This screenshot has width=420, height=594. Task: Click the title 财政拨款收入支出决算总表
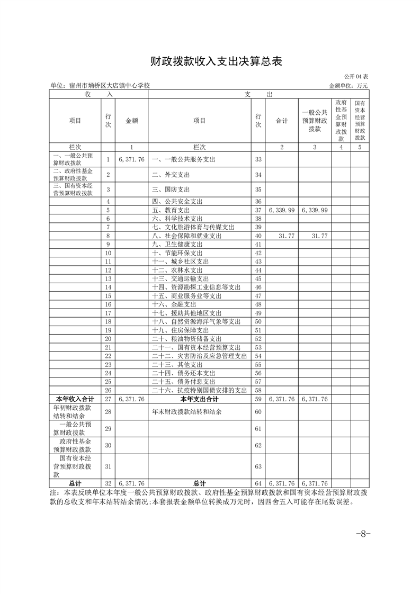pos(210,61)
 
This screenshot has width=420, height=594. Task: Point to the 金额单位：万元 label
pos(348,85)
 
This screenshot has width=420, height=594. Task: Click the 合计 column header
pos(282,121)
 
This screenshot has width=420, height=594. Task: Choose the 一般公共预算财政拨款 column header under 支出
pos(315,121)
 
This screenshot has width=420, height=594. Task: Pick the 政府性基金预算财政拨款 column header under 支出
pos(341,121)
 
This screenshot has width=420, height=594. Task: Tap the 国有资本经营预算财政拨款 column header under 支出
pos(360,121)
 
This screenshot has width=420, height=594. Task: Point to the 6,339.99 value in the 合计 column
pos(282,210)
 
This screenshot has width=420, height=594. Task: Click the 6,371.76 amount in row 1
pos(132,159)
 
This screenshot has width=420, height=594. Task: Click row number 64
pos(258,483)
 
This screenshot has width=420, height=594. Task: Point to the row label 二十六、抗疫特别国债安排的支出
pos(199,390)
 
